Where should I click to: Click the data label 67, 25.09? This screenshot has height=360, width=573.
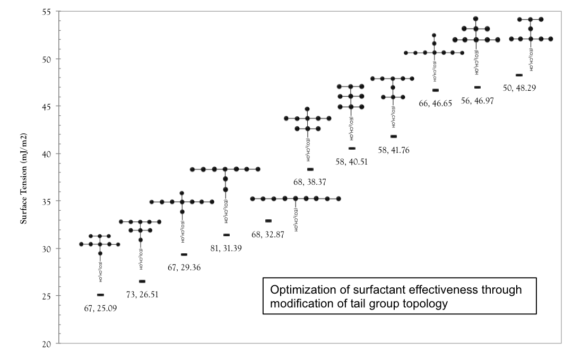point(101,308)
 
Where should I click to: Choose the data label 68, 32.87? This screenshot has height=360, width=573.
point(268,234)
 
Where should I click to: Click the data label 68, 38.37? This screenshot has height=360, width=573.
point(310,182)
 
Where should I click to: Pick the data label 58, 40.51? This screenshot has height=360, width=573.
point(352,161)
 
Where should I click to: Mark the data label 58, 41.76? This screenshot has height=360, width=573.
point(394,150)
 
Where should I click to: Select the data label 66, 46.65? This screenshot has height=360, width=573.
point(435,104)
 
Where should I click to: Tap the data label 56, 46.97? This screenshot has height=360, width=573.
point(477,100)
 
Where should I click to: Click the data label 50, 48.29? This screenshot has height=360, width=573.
point(519,88)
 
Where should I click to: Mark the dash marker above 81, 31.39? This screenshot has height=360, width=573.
point(227,235)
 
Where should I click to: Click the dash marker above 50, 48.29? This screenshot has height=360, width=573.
point(519,75)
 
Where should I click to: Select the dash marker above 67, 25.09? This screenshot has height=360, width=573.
point(101,295)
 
